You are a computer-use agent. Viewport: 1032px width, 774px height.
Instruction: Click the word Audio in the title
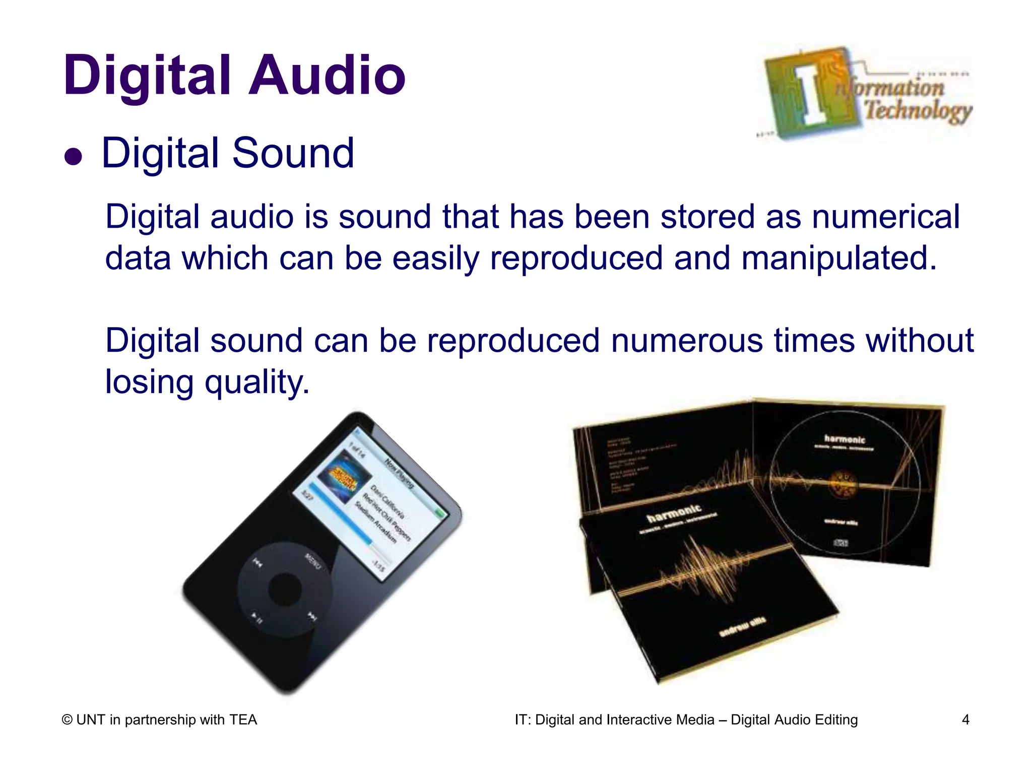click(328, 76)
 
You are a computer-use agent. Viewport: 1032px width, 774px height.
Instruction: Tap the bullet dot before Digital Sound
click(74, 157)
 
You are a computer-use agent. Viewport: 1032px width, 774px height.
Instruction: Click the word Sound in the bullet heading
click(293, 153)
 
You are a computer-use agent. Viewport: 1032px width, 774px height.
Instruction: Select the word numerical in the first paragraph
click(885, 217)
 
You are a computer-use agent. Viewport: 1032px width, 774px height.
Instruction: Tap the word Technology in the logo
click(918, 110)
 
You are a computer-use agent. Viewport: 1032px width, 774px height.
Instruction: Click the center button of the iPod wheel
click(285, 588)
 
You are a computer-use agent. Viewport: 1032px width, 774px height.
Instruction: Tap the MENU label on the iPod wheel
click(312, 561)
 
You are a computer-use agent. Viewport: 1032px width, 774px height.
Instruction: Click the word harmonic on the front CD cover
click(674, 513)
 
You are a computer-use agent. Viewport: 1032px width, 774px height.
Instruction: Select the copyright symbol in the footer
click(67, 720)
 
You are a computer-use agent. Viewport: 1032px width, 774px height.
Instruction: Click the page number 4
click(965, 720)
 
